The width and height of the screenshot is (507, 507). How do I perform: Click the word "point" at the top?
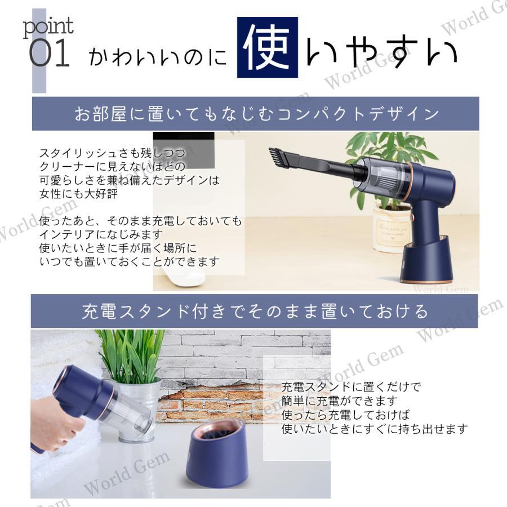tap(48, 26)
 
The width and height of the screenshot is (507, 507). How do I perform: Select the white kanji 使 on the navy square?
tap(267, 47)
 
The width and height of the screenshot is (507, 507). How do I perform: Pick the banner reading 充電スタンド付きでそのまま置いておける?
tap(255, 311)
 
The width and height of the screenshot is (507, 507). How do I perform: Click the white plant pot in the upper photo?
tap(392, 228)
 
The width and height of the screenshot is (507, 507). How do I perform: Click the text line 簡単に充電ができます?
tap(340, 401)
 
